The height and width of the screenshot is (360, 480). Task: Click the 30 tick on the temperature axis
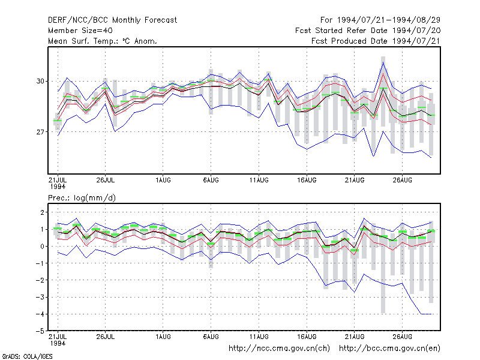click(x=40, y=81)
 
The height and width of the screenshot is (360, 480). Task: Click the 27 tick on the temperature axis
click(x=40, y=132)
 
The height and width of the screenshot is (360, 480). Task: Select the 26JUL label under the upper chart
click(x=106, y=180)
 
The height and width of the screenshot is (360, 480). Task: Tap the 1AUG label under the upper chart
click(x=163, y=180)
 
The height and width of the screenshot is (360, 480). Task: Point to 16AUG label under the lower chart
click(x=307, y=337)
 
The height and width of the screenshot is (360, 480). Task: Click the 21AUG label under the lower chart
click(x=355, y=337)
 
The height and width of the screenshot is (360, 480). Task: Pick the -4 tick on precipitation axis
click(x=40, y=314)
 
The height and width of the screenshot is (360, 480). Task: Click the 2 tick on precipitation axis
click(x=42, y=212)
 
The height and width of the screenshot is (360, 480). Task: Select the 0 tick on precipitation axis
click(x=42, y=246)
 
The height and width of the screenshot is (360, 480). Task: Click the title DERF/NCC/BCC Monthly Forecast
click(x=112, y=20)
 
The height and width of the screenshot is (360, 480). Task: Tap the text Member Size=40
click(x=80, y=31)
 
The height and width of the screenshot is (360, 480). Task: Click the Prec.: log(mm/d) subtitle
click(x=82, y=198)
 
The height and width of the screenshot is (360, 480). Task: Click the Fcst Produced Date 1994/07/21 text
click(x=376, y=41)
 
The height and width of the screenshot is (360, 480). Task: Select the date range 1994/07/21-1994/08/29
click(x=389, y=20)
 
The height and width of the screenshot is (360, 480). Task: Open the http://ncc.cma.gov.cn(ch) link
click(x=279, y=349)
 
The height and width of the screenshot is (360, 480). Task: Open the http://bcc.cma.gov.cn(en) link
click(x=389, y=349)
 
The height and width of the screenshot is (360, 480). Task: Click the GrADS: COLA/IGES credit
click(x=27, y=356)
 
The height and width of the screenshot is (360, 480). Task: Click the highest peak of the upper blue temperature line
click(x=383, y=62)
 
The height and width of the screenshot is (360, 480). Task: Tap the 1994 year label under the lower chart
click(x=58, y=343)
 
